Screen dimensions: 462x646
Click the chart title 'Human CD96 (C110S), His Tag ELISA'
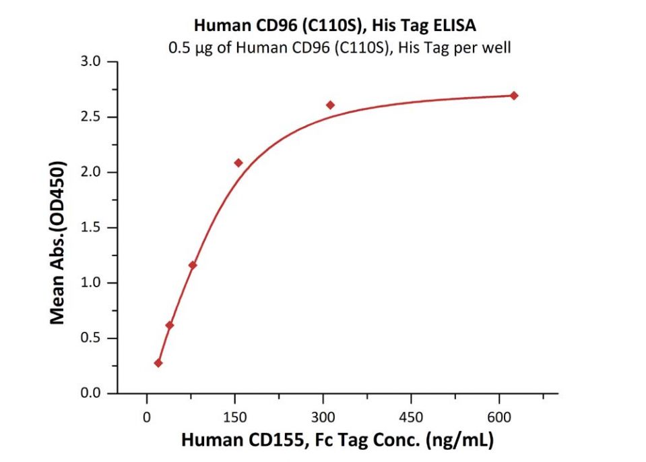point(335,26)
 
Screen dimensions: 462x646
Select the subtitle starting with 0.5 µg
point(335,48)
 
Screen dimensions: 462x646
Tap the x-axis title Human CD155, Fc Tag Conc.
point(337,441)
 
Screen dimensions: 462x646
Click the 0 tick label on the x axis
point(147,417)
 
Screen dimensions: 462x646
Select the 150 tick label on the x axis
point(234,417)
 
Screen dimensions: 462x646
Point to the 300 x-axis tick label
point(323,417)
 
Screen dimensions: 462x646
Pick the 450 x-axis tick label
point(411,417)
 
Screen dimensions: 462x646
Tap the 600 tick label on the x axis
point(499,417)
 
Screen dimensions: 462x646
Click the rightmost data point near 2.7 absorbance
point(514,96)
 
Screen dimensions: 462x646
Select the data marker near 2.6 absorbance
point(330,105)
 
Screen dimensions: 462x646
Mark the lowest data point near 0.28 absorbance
point(158,363)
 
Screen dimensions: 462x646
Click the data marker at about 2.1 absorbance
point(238,163)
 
